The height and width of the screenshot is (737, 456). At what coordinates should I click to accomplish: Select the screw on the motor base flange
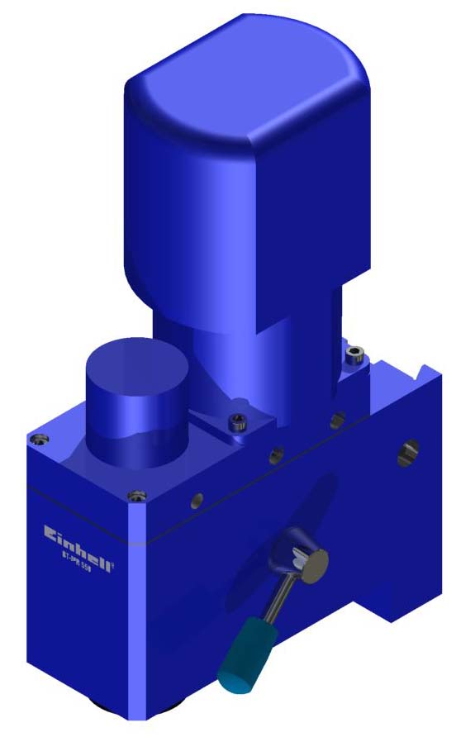(x=238, y=424)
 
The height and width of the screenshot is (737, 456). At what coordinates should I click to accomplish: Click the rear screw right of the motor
(x=355, y=355)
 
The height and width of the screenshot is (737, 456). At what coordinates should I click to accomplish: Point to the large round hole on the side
(x=408, y=451)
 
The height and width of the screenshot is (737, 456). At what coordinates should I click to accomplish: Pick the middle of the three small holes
(x=276, y=453)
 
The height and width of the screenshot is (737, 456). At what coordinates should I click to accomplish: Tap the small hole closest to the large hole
(x=337, y=420)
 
